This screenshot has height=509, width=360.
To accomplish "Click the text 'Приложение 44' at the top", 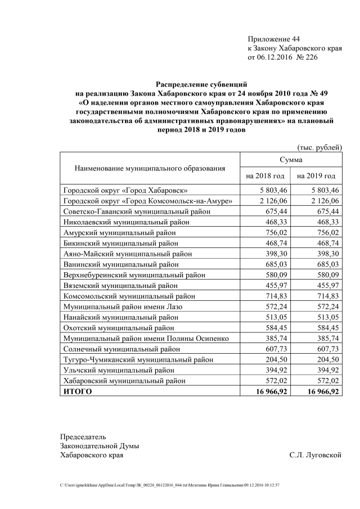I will [274, 39].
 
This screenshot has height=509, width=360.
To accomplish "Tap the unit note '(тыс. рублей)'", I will [320, 147].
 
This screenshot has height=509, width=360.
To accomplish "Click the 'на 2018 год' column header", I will [265, 176].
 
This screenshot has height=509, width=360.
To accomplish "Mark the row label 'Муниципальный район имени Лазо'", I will [121, 307].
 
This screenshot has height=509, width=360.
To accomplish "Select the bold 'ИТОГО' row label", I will [76, 391].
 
